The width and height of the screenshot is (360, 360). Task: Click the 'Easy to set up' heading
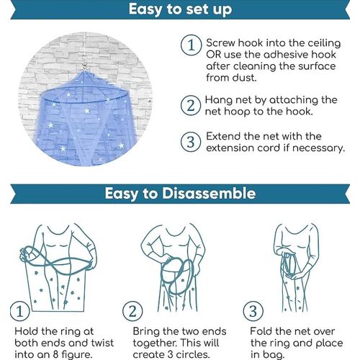(x=180, y=9)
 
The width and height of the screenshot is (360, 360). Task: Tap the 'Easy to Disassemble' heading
(x=180, y=193)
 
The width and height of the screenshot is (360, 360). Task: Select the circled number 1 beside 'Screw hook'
(x=191, y=45)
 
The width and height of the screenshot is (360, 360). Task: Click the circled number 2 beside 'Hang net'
(x=191, y=105)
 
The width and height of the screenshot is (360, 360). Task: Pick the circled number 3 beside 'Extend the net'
(x=191, y=142)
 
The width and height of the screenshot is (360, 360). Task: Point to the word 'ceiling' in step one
(x=324, y=43)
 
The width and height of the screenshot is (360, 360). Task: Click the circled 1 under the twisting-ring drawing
(x=20, y=311)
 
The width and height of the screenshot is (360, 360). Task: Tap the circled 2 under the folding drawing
(x=132, y=311)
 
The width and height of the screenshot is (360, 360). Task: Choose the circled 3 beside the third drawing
(x=253, y=311)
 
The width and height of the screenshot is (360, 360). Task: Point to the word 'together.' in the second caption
(x=155, y=343)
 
